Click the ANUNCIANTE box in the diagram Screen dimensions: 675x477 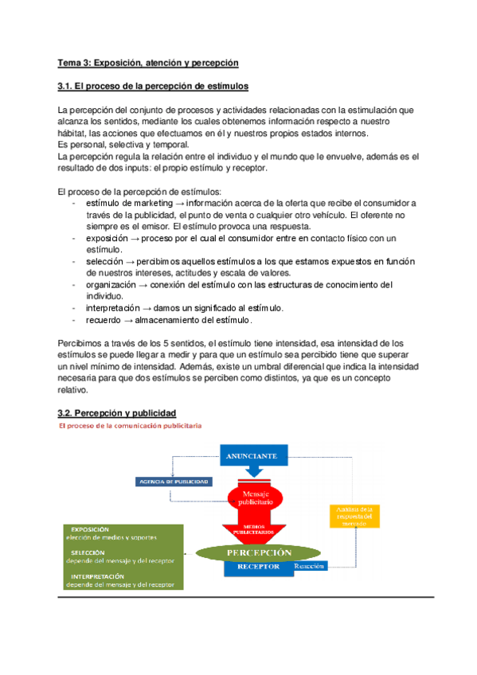click(252, 457)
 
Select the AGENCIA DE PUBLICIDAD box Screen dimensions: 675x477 click(174, 482)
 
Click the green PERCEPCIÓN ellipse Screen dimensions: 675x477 click(256, 552)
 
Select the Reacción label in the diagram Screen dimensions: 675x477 click(310, 567)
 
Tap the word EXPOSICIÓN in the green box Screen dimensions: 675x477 click(89, 529)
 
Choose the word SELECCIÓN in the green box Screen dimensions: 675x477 click(88, 552)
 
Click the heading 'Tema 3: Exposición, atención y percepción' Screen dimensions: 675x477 click(148, 62)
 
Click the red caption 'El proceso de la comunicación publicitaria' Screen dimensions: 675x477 click(131, 426)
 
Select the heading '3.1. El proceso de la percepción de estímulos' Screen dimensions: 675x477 click(154, 85)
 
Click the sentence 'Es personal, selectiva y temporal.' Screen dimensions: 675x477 click(123, 145)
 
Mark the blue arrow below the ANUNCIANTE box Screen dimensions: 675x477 click(253, 471)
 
